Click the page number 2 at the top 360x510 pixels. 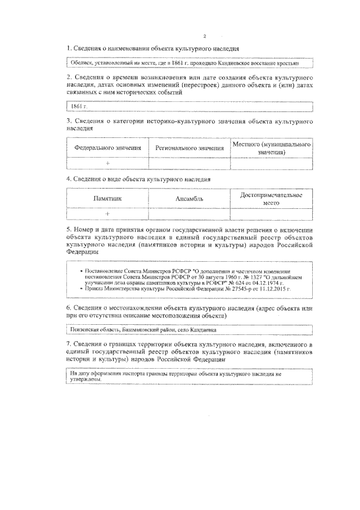coord(189,35)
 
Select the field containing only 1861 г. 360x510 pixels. coord(189,105)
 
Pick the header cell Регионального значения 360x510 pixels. coord(189,147)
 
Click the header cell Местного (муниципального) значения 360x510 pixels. coord(271,147)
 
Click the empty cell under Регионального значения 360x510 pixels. coord(189,163)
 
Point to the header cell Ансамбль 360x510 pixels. coord(189,199)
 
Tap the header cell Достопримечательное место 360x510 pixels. coord(271,198)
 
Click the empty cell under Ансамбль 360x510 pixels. coord(189,214)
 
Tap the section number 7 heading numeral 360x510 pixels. coord(68,343)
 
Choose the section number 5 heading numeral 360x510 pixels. coord(68,230)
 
